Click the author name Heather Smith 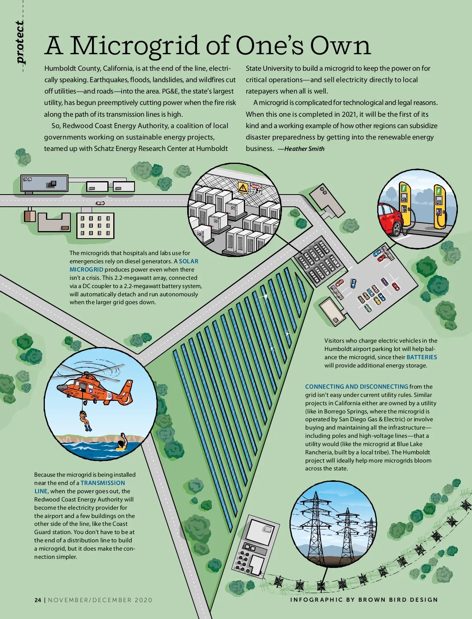coord(304,149)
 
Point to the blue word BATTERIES coord(422,357)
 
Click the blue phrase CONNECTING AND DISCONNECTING coord(356,387)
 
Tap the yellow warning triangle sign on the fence coord(243,188)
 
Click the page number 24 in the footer coord(37,600)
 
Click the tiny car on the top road coord(100,203)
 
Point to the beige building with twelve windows coord(95,226)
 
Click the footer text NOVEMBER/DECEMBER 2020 coord(100,600)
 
